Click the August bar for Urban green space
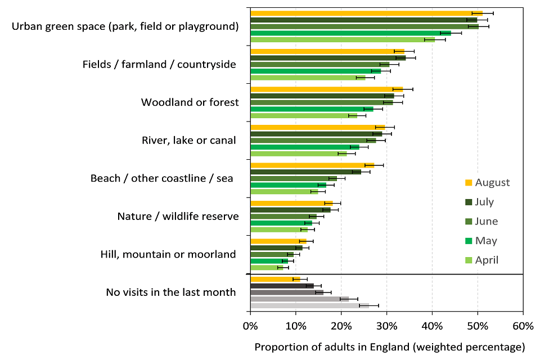pos(366,13)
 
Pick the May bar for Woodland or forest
pos(312,109)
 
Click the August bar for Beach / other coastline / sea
pos(312,165)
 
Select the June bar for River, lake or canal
pos(313,140)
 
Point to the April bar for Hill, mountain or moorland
pos(264,268)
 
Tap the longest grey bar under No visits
pos(309,305)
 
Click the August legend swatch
pos(468,182)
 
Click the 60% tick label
pos(523,326)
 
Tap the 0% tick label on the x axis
pos(250,326)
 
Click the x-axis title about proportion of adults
pos(389,346)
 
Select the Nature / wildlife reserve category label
pos(178,217)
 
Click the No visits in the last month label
pos(171,292)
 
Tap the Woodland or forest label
pos(190,102)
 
